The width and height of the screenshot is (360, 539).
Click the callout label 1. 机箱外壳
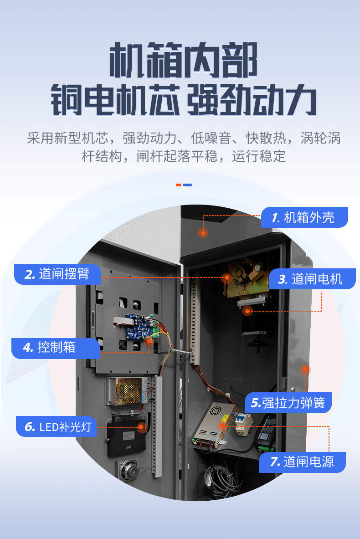(x=304, y=217)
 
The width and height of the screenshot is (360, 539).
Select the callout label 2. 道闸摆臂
(x=58, y=274)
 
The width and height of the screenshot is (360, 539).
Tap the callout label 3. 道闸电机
(x=312, y=279)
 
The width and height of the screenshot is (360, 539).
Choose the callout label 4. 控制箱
(x=56, y=348)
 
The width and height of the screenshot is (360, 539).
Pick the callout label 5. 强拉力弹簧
(x=288, y=402)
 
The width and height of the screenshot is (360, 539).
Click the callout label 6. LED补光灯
(x=57, y=426)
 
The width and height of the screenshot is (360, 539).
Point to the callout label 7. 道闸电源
(x=302, y=462)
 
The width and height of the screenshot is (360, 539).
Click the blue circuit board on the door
(x=140, y=326)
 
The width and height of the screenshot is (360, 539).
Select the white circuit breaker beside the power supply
(x=243, y=424)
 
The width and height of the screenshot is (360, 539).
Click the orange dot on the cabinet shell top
(x=203, y=233)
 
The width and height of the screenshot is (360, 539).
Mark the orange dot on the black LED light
(x=141, y=427)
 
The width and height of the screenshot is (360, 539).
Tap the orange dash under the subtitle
(x=179, y=185)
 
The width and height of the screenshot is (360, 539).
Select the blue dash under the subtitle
(x=187, y=185)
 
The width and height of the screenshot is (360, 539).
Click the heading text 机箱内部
(x=184, y=61)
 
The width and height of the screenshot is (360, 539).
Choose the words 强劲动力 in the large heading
(x=252, y=100)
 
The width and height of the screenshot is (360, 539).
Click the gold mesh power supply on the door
(x=127, y=391)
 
